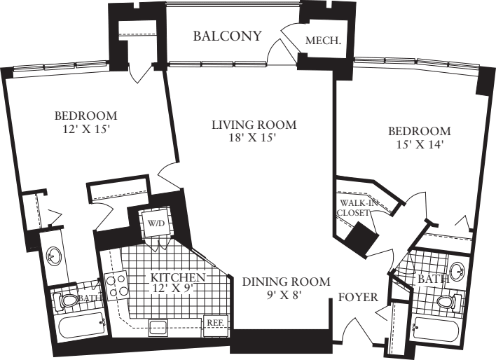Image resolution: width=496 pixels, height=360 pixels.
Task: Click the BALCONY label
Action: [x=228, y=36]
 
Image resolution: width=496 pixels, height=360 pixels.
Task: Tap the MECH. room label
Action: [x=324, y=41]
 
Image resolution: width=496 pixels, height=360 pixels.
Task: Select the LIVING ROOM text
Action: [x=254, y=125]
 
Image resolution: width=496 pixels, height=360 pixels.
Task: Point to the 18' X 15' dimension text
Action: [x=254, y=138]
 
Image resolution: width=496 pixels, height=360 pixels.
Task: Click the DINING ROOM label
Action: [x=286, y=282]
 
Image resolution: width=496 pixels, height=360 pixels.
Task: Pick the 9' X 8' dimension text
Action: [x=286, y=296]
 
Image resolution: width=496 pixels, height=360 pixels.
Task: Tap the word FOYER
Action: [x=359, y=296]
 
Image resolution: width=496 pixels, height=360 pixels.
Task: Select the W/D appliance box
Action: [x=155, y=223]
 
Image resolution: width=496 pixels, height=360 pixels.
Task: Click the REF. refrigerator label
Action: [x=214, y=323]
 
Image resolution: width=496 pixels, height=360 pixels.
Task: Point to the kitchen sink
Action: [x=158, y=326]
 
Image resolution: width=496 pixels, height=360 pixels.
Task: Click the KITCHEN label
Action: [x=178, y=277]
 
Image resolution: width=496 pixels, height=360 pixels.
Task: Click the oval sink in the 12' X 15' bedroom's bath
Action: [x=53, y=256]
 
